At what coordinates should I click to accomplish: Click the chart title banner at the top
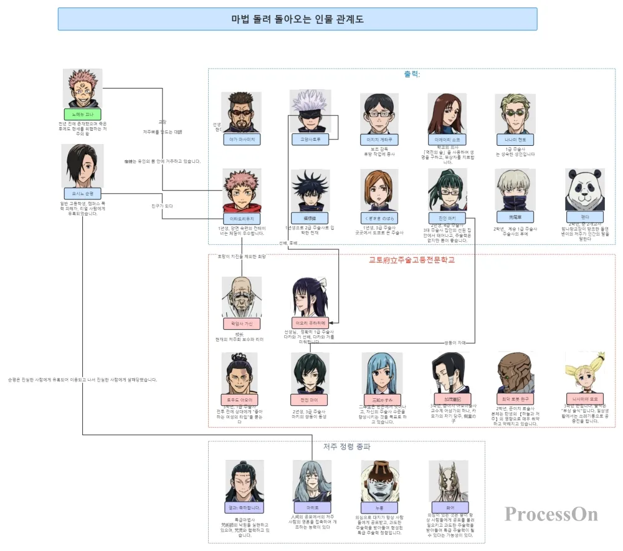tap(297, 19)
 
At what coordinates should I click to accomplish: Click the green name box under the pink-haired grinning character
tap(82, 115)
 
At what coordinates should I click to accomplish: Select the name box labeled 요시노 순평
tap(82, 194)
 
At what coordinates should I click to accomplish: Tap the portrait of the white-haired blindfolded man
tap(310, 110)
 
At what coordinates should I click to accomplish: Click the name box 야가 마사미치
tap(242, 140)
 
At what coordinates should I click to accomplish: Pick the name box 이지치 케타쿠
tap(378, 140)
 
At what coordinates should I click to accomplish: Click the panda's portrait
tap(584, 189)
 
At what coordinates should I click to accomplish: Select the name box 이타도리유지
tap(242, 219)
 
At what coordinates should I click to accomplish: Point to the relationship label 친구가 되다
tap(162, 206)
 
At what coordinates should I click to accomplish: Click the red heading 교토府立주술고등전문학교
tap(412, 260)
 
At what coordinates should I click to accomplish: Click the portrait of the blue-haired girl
tap(381, 373)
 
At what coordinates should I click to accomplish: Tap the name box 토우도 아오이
tap(239, 400)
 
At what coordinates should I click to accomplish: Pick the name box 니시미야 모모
tap(584, 399)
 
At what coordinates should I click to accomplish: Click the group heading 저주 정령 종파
tap(347, 447)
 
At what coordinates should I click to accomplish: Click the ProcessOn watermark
tap(551, 514)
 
